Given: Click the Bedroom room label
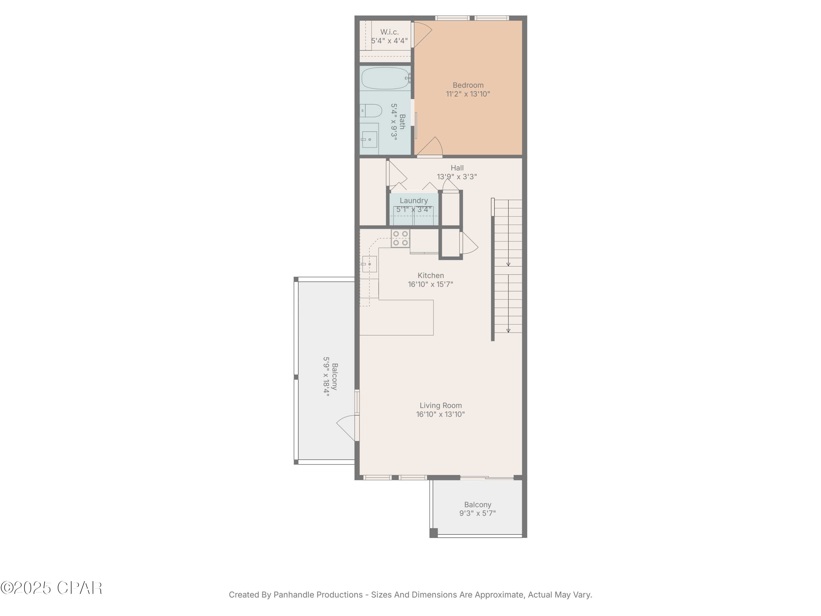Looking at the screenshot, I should pos(468,85).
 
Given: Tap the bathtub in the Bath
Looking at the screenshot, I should pos(385,78).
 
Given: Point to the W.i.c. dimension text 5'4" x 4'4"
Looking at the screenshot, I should pos(389,41).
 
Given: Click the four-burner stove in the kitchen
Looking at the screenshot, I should pos(400,238).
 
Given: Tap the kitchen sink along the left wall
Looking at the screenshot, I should pos(369,264).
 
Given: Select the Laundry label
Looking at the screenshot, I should pos(414,200).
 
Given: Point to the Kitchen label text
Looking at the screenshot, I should pos(430,275).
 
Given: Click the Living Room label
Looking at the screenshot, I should pos(441,405).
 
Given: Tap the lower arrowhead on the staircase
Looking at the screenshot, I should pos(508,330).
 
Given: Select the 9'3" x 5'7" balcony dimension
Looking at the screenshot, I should pos(477,513).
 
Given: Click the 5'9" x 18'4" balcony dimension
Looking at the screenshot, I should pos(326,377).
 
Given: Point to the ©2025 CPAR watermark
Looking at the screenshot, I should pos(51,588).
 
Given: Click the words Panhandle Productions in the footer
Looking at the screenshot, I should pos(318,594).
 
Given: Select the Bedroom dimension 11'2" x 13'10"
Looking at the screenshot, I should pos(468,94).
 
